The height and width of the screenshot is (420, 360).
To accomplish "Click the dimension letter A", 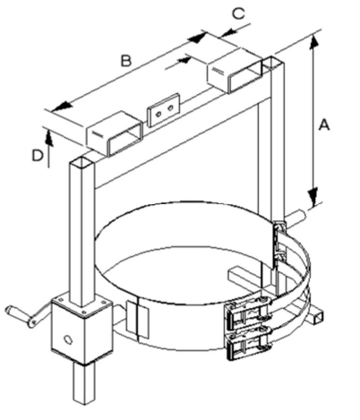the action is [x=324, y=124].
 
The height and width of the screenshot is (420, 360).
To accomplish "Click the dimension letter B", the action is [x=126, y=61].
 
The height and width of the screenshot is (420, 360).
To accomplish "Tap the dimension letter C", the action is [x=238, y=13].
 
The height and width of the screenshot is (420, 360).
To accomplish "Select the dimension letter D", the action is [x=38, y=156].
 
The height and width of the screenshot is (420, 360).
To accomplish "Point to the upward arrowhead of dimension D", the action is [x=49, y=139].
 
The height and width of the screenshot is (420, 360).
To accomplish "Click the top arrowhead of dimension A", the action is [x=313, y=42].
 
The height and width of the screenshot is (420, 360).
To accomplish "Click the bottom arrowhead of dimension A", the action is [x=313, y=196].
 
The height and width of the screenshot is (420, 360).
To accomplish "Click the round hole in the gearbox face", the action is [x=68, y=339].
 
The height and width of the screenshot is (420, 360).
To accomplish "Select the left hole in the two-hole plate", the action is [x=159, y=114].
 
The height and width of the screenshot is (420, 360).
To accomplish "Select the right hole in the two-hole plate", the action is [x=170, y=107].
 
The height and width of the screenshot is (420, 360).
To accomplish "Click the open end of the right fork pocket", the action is [x=245, y=77].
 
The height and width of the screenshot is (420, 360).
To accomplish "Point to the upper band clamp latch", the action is [x=249, y=313].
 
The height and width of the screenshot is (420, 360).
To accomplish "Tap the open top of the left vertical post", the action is [x=82, y=162].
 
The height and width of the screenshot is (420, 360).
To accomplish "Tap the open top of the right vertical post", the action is [x=272, y=63].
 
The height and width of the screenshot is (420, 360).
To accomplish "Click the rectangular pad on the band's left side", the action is [x=138, y=320].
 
